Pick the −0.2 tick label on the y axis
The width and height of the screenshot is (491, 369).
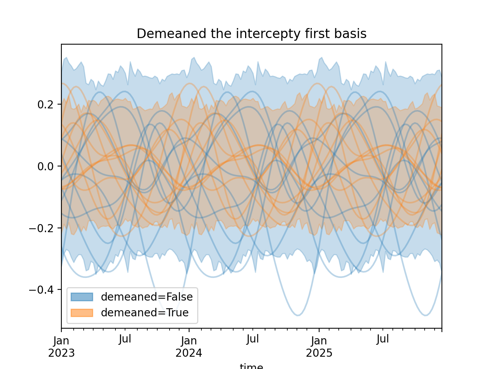(x=42, y=228)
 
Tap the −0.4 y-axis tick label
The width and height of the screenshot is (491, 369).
(x=42, y=290)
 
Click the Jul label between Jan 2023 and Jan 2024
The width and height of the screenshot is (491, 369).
(x=125, y=339)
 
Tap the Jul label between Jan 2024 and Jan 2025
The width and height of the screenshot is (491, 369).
(x=253, y=339)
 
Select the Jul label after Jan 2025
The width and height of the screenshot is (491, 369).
(x=383, y=339)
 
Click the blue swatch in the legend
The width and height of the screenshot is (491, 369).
(x=82, y=297)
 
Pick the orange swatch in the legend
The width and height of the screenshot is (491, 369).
(x=82, y=313)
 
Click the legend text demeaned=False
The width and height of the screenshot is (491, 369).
(x=147, y=297)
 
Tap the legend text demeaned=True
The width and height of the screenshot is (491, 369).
(x=145, y=313)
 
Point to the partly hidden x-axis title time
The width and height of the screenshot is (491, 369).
(x=251, y=366)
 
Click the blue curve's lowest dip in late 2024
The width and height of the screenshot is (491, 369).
(x=298, y=315)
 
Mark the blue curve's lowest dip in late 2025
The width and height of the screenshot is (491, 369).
(x=425, y=315)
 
